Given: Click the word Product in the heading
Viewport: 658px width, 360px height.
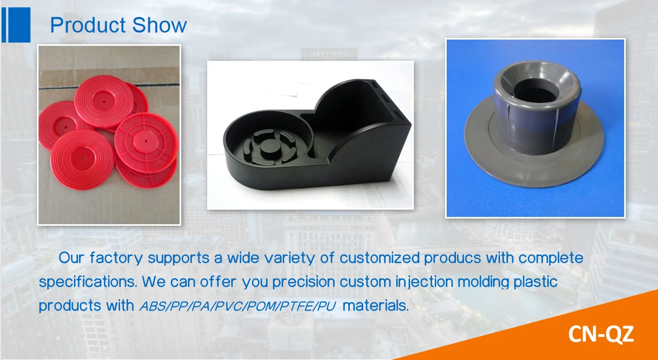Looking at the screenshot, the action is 88,25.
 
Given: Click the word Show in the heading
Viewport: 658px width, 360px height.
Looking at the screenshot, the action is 159,25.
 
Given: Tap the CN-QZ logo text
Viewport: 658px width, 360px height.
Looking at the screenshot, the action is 601,334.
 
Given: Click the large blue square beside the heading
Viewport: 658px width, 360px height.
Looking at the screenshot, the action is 19,25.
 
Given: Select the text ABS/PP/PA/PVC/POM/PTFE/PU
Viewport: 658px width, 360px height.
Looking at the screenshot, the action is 237,306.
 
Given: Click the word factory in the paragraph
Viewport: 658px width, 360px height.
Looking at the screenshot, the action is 116,259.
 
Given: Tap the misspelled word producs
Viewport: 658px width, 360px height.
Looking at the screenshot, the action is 453,259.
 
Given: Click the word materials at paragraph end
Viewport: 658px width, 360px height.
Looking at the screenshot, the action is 376,306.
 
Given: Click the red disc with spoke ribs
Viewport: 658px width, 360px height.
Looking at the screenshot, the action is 146,142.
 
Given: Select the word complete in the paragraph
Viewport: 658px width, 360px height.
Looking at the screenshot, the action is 551,259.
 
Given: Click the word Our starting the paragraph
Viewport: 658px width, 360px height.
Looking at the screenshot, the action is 72,258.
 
